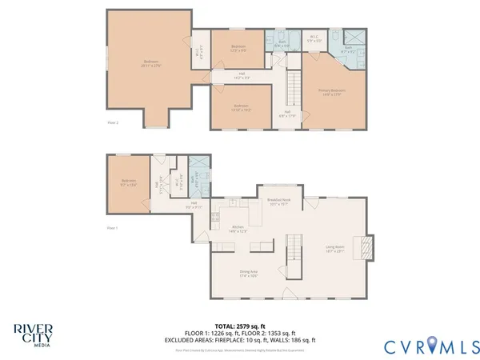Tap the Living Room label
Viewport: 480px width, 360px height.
tap(334, 249)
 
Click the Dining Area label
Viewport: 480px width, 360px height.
tap(249, 274)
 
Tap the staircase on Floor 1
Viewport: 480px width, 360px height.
tap(294, 250)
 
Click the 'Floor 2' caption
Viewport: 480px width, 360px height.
tap(113, 122)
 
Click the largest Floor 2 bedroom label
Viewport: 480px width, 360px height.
tap(150, 64)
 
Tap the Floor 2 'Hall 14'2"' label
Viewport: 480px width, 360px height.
tap(242, 76)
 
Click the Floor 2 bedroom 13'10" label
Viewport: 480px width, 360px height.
tap(241, 107)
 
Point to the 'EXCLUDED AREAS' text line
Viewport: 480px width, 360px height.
tap(239, 339)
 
